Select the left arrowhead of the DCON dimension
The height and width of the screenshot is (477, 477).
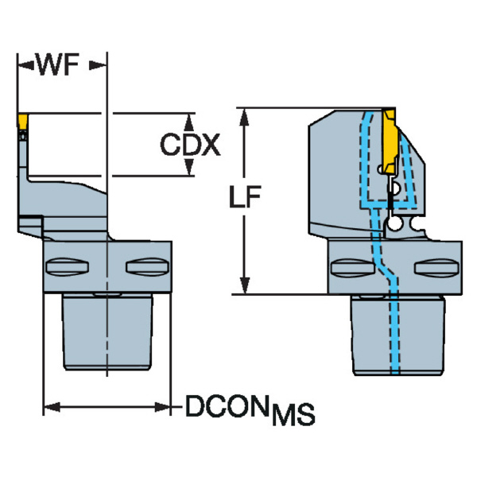click(x=50, y=408)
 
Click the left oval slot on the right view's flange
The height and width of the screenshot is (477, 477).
click(x=347, y=266)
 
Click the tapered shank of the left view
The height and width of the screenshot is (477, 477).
click(x=107, y=330)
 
